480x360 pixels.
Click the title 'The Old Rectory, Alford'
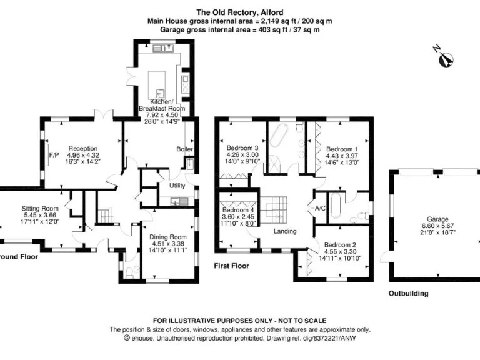click(239, 12)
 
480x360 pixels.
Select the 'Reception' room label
click(83, 149)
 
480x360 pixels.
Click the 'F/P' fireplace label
click(53, 156)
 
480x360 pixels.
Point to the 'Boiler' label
click(185, 149)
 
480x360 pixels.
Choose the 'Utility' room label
click(177, 185)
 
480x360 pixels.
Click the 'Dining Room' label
click(167, 237)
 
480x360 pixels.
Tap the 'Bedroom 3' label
click(242, 148)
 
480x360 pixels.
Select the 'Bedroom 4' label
click(237, 210)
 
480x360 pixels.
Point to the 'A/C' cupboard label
click(320, 208)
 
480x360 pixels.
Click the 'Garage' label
click(438, 219)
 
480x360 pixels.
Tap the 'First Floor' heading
click(231, 266)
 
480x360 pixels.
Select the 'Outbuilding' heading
click(408, 293)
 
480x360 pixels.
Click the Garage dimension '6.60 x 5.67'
click(438, 226)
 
